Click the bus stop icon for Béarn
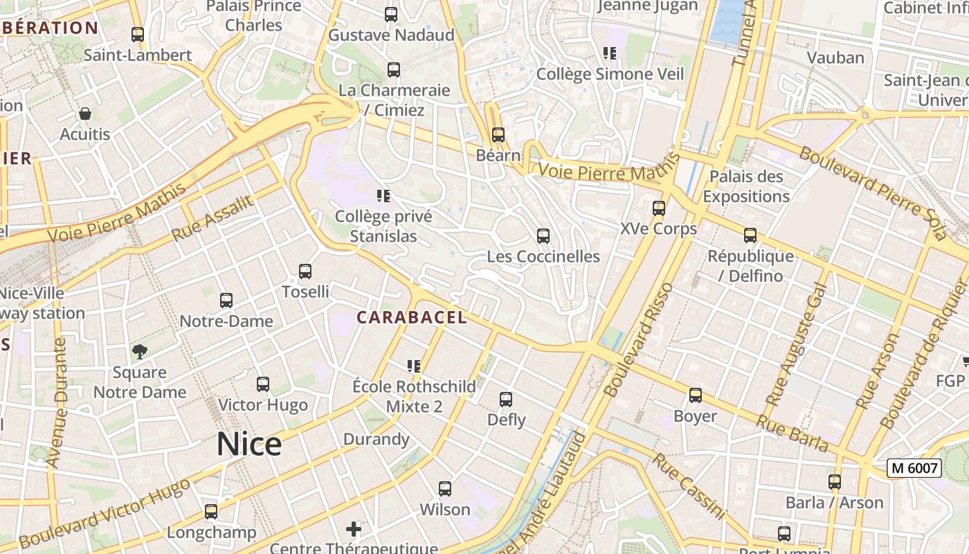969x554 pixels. [498, 135]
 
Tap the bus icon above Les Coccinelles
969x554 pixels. [543, 236]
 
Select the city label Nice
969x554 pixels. [248, 444]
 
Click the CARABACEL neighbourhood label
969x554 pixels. [412, 318]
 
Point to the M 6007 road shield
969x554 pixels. [914, 468]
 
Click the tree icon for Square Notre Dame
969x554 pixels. [140, 351]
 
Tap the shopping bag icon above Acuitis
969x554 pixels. [85, 114]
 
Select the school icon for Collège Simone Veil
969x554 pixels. [610, 53]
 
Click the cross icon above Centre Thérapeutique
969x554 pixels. [354, 530]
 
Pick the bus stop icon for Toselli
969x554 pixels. [305, 271]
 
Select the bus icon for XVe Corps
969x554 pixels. [658, 208]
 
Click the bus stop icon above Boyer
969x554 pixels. [695, 395]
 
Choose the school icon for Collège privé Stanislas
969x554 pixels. [383, 196]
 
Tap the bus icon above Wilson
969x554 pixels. [445, 489]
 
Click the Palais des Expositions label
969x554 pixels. [746, 186]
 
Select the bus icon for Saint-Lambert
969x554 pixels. [138, 35]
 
